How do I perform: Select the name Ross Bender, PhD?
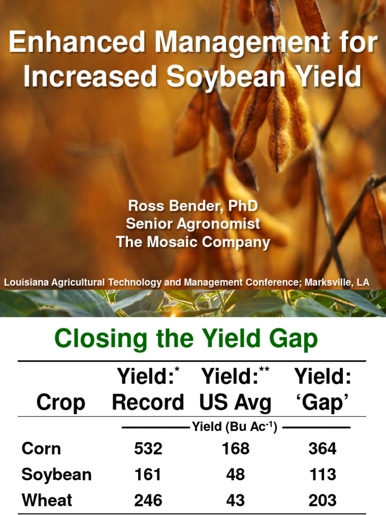pyautogui.click(x=193, y=206)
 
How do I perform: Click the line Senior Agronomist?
pyautogui.click(x=193, y=224)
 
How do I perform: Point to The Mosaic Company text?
pyautogui.click(x=193, y=242)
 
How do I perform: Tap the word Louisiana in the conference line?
pyautogui.click(x=27, y=283)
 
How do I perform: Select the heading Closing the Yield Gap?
pyautogui.click(x=186, y=339)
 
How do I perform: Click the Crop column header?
pyautogui.click(x=61, y=403)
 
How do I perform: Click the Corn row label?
pyautogui.click(x=41, y=449)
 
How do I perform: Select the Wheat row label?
pyautogui.click(x=47, y=500)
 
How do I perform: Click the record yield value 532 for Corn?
pyautogui.click(x=148, y=449)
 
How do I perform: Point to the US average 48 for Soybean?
pyautogui.click(x=235, y=475)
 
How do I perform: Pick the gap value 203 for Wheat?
pyautogui.click(x=322, y=500)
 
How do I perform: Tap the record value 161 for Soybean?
pyautogui.click(x=148, y=475)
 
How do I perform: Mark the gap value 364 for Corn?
pyautogui.click(x=322, y=449)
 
